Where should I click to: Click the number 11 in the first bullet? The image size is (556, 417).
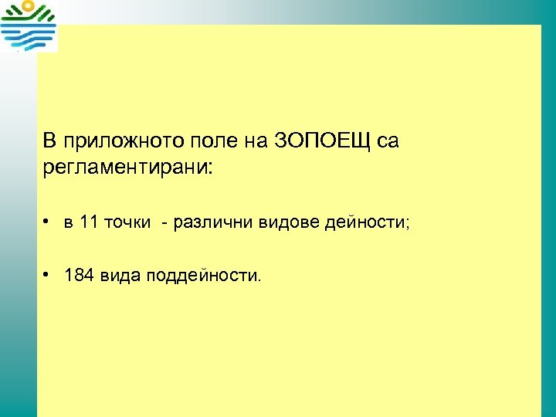coord(88,223)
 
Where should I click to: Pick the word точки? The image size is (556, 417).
coord(127,223)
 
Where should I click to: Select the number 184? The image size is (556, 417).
coord(79,275)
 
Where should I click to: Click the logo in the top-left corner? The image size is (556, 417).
coord(29,26)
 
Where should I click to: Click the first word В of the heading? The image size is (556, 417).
coord(49,141)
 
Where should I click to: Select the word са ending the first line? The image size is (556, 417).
coord(388,141)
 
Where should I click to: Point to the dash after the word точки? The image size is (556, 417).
coord(164,223)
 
